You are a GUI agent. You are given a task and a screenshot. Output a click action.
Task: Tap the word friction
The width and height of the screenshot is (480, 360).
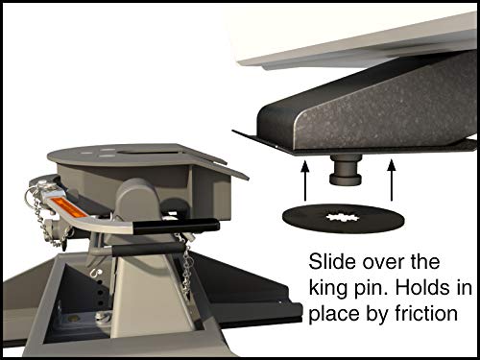(x=419, y=314)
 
